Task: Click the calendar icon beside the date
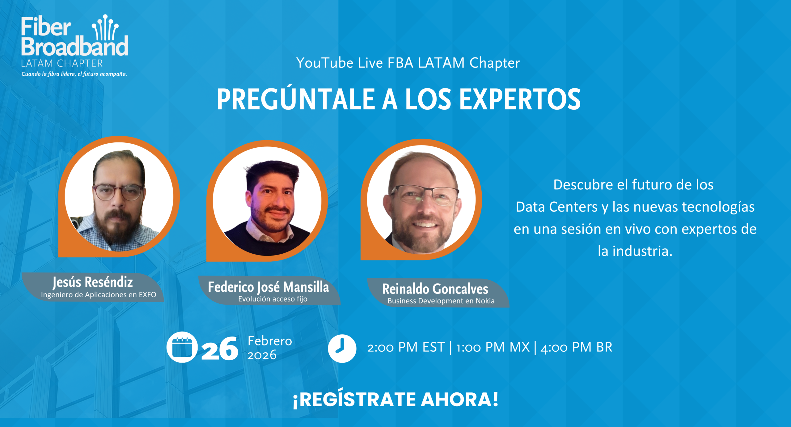tap(182, 347)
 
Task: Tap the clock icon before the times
tap(342, 348)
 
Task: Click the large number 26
tap(220, 349)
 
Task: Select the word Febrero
tap(270, 341)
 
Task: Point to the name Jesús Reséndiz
tap(93, 282)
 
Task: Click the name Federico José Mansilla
tap(269, 287)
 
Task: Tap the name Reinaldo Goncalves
tap(435, 289)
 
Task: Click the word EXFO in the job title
tap(147, 295)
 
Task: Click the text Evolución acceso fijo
tap(273, 299)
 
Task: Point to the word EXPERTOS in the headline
tap(520, 99)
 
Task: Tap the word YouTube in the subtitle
tap(324, 63)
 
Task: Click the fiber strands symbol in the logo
tap(105, 28)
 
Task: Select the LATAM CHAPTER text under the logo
tap(62, 63)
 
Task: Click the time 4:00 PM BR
tap(577, 347)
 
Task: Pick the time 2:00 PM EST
tap(406, 347)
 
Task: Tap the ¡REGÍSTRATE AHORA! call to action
tap(396, 399)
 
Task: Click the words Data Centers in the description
tap(557, 207)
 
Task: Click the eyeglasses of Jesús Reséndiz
tap(118, 192)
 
